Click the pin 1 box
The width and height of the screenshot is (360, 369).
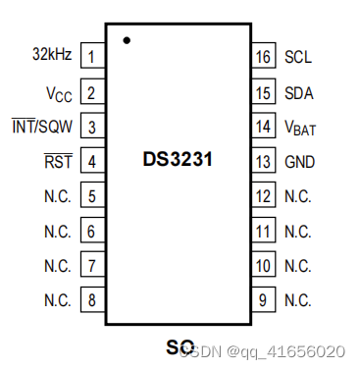coord(91,57)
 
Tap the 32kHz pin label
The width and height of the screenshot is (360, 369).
coord(51,56)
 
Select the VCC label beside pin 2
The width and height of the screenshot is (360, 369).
coord(58,93)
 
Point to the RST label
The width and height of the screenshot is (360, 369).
coord(59,161)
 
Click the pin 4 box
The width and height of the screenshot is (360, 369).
coord(91,161)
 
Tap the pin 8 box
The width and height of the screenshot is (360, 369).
coord(91,299)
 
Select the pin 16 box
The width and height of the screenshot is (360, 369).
coord(263,57)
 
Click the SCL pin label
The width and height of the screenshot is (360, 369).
coord(298,57)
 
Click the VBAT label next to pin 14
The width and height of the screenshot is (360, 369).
coord(300,128)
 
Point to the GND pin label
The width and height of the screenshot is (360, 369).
coord(298,161)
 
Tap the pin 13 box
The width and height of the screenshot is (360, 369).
coord(263,161)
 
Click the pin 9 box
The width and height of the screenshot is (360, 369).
coord(263,299)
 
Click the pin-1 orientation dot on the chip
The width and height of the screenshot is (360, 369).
coord(127,40)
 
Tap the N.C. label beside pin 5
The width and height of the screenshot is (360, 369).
coord(57,196)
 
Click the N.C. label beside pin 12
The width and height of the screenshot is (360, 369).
coord(298,196)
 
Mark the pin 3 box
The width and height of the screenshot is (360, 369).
coord(91,127)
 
